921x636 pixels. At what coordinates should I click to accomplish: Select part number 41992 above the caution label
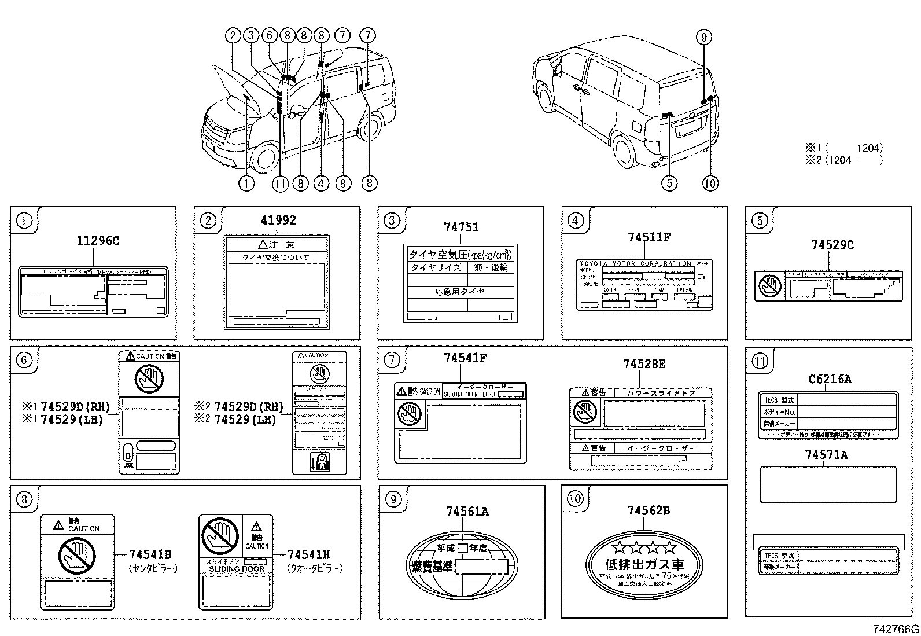click(278, 220)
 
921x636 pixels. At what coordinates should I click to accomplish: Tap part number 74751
click(461, 227)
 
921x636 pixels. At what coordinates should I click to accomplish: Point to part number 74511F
click(649, 237)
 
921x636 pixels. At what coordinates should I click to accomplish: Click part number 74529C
click(832, 245)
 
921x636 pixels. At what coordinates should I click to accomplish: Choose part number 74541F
click(465, 358)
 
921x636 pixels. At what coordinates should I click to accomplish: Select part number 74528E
click(644, 363)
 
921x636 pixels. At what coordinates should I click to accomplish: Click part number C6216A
click(830, 379)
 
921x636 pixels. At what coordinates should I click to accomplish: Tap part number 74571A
click(826, 455)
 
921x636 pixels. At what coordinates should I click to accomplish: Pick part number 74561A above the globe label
click(467, 511)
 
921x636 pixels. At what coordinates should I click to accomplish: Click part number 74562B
click(649, 510)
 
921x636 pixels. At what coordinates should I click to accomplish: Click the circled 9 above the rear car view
click(703, 38)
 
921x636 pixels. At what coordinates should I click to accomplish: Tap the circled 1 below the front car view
click(246, 183)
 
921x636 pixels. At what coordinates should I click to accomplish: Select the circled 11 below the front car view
click(280, 183)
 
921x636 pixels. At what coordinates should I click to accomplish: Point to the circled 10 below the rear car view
click(710, 183)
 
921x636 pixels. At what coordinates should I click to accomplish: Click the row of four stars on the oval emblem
click(644, 547)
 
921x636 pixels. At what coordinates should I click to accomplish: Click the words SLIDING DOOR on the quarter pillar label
click(237, 569)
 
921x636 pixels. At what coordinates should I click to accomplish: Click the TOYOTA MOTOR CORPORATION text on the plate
click(635, 263)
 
